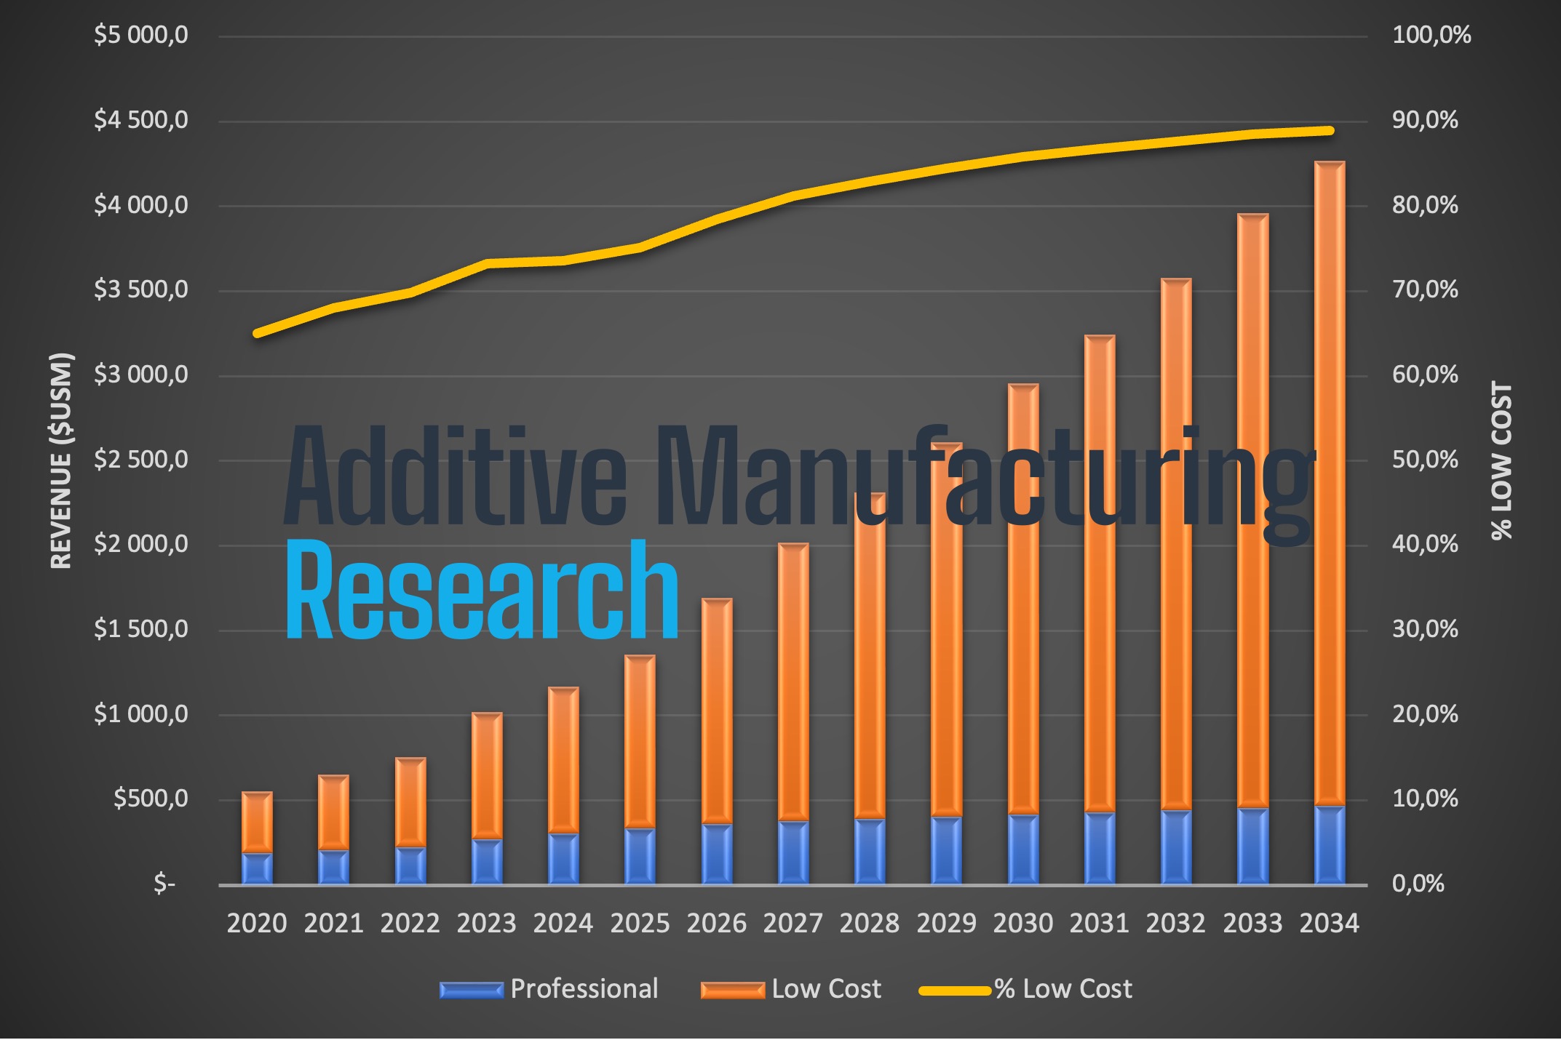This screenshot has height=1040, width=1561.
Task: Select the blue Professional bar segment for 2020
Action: click(x=257, y=868)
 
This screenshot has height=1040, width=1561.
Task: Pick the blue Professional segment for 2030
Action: click(x=1022, y=849)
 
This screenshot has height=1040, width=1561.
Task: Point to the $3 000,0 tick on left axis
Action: click(x=140, y=375)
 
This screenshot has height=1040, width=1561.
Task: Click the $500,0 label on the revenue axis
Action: click(x=150, y=799)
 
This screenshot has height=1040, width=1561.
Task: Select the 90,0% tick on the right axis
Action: click(x=1424, y=120)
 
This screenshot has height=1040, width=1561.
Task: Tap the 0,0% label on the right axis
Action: click(x=1417, y=884)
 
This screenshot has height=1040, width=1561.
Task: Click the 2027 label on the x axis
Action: click(x=793, y=923)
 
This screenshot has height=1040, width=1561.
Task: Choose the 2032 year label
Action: click(x=1175, y=923)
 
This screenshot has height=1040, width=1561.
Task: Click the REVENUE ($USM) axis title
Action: click(x=61, y=460)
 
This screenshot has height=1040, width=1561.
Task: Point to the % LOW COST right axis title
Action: click(x=1501, y=460)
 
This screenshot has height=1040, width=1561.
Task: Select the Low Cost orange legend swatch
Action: click(x=732, y=990)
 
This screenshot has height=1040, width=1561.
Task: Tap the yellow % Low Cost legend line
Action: click(x=955, y=990)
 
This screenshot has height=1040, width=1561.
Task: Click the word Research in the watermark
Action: click(x=482, y=591)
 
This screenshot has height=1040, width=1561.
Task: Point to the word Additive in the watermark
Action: click(x=455, y=476)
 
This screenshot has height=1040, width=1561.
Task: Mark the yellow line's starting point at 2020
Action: click(x=257, y=334)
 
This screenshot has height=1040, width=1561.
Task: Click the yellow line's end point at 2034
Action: click(x=1330, y=131)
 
